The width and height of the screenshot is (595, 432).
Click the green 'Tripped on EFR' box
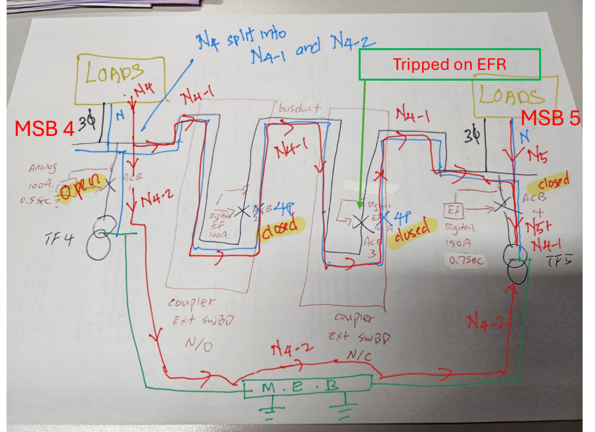[450, 64]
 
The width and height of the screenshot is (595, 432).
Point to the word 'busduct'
[299, 109]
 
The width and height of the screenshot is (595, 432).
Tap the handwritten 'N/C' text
[359, 354]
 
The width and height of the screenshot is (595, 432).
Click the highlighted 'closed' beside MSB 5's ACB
[554, 181]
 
